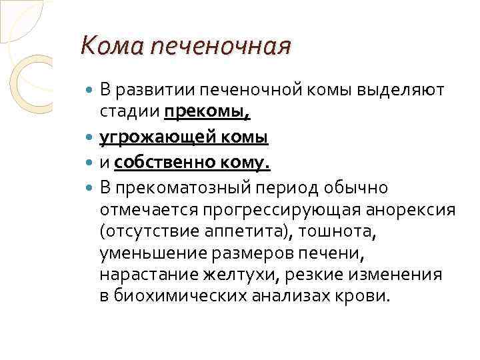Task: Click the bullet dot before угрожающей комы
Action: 91,138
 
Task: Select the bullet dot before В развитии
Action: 91,91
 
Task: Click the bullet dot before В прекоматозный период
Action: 91,189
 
